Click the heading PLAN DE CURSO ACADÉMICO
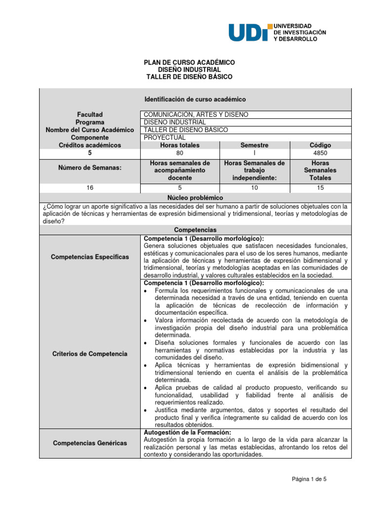(x=189, y=63)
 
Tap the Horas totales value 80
(x=179, y=153)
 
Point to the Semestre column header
(x=254, y=145)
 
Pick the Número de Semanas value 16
(x=89, y=188)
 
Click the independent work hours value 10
(x=254, y=188)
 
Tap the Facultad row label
(x=89, y=114)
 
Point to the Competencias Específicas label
(x=89, y=257)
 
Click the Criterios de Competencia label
(x=89, y=354)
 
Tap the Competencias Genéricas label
(x=89, y=443)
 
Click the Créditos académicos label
(x=89, y=145)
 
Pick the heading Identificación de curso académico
(x=194, y=99)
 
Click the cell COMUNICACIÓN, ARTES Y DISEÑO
(x=196, y=114)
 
